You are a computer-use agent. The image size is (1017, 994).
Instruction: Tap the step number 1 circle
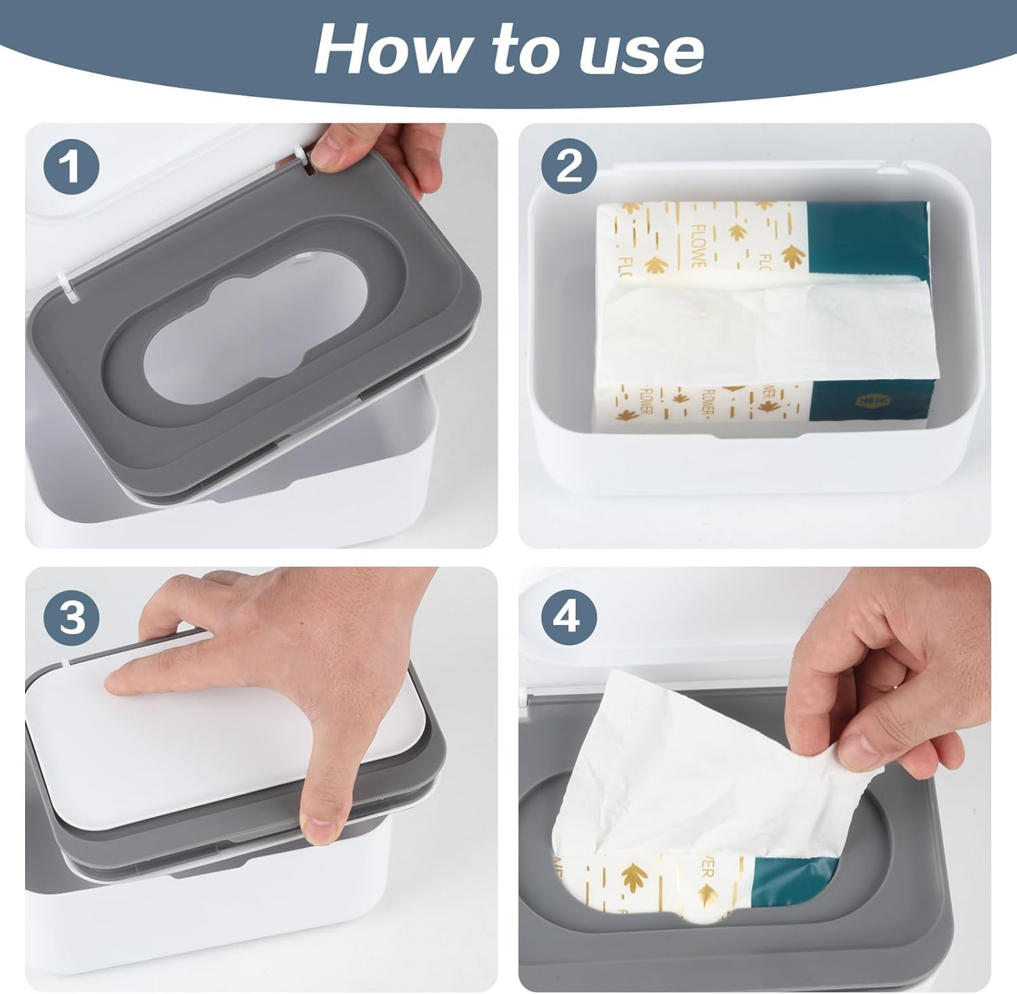[72, 166]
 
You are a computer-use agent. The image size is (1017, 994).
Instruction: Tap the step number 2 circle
[568, 166]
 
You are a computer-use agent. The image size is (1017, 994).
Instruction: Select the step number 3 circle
[72, 617]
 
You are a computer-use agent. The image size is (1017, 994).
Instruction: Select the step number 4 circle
[568, 617]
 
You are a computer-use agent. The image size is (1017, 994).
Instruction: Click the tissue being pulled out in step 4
[678, 766]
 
